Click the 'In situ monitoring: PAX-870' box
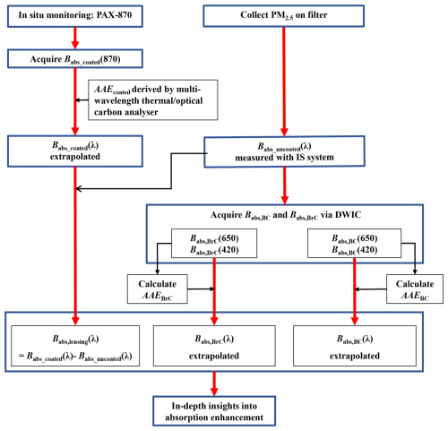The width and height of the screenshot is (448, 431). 75,16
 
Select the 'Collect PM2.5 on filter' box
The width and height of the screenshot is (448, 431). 284,16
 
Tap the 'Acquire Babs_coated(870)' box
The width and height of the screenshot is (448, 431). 75,59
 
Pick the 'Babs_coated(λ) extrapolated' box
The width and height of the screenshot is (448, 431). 75,151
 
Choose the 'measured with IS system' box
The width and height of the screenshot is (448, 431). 284,151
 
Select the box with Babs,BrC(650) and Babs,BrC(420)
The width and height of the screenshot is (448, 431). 214,244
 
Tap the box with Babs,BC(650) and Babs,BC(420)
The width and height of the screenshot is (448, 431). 354,244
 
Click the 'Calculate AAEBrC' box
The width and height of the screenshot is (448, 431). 158,289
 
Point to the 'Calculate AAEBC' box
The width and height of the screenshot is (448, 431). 415,289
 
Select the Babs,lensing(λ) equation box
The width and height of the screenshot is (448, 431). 75,346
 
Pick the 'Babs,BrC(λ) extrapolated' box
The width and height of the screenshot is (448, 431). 214,346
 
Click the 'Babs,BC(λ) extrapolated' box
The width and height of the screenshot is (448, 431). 355,346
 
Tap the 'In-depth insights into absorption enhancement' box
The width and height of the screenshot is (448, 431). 214,411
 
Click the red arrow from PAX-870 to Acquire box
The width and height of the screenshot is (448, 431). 75,39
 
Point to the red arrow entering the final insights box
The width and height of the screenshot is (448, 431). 214,384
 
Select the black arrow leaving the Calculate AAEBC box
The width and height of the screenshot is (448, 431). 370,289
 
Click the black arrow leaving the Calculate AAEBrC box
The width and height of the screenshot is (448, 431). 202,289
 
